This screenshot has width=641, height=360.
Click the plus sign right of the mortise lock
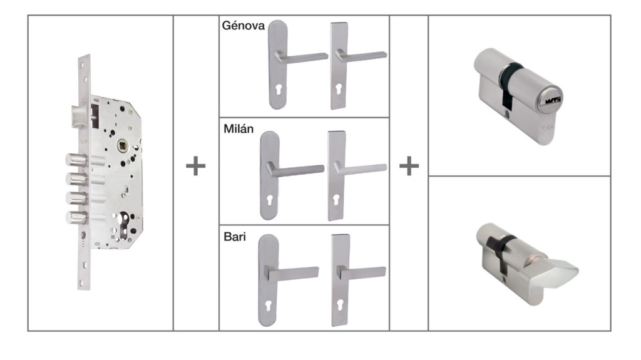coord(196,167)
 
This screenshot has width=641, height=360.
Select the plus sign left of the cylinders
coord(409,167)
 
